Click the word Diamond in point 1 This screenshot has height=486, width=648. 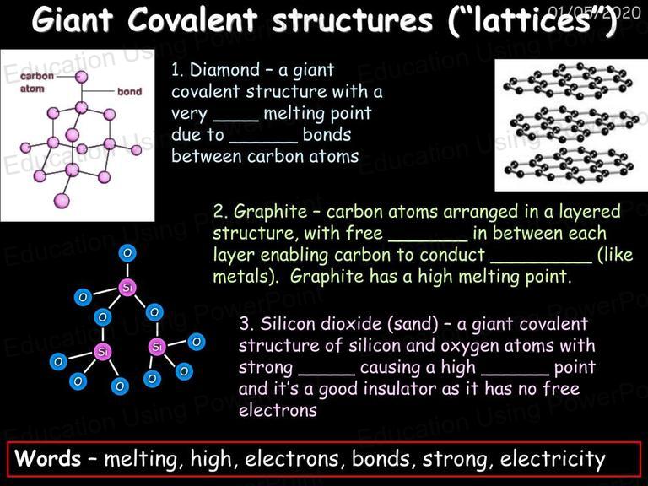[x=224, y=70]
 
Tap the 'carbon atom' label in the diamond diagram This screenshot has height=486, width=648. [x=37, y=82]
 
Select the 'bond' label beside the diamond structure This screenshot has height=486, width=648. [x=129, y=91]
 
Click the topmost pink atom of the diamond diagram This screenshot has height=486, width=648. [x=82, y=77]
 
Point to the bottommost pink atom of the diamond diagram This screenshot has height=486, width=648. [x=62, y=201]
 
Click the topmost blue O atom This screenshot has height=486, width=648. [x=127, y=252]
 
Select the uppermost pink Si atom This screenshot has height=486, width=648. [x=127, y=287]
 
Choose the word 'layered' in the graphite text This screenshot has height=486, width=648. [x=590, y=212]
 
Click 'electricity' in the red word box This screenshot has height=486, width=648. [x=553, y=459]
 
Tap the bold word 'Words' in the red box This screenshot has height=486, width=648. [x=48, y=458]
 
